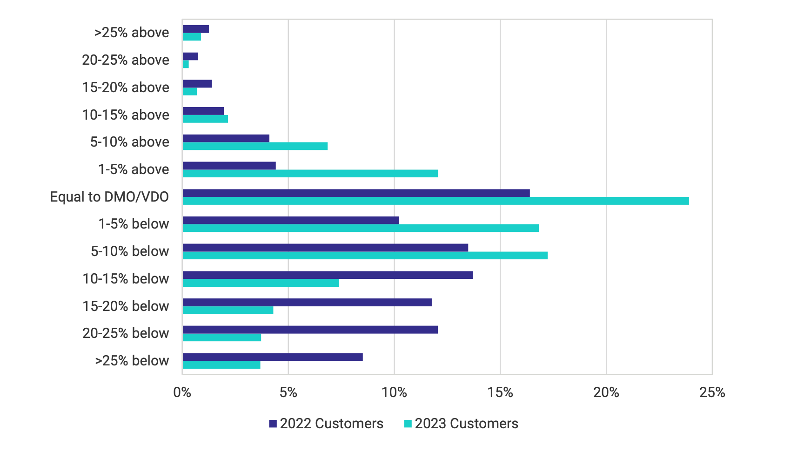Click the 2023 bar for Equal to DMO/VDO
pos(435,201)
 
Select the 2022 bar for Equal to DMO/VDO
pos(356,193)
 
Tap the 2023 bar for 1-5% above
pos(310,174)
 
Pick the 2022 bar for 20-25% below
pos(310,330)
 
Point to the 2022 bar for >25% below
pos(273,357)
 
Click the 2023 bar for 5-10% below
pos(365,256)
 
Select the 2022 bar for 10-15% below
pos(328,275)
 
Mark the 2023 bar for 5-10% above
pos(255,146)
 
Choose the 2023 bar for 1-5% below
pos(361,228)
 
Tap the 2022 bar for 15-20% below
pos(307,303)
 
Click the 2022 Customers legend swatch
pos(273,424)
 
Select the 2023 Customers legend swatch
pos(408,424)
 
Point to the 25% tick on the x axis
pos(712,393)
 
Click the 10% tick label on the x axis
pos(394,393)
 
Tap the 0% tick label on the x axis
pos(182,393)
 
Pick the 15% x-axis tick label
pos(500,393)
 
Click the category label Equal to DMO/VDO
pos(109,197)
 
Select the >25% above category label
pos(132,33)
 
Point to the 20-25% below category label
pos(126,333)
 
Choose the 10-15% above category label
pos(126,115)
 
